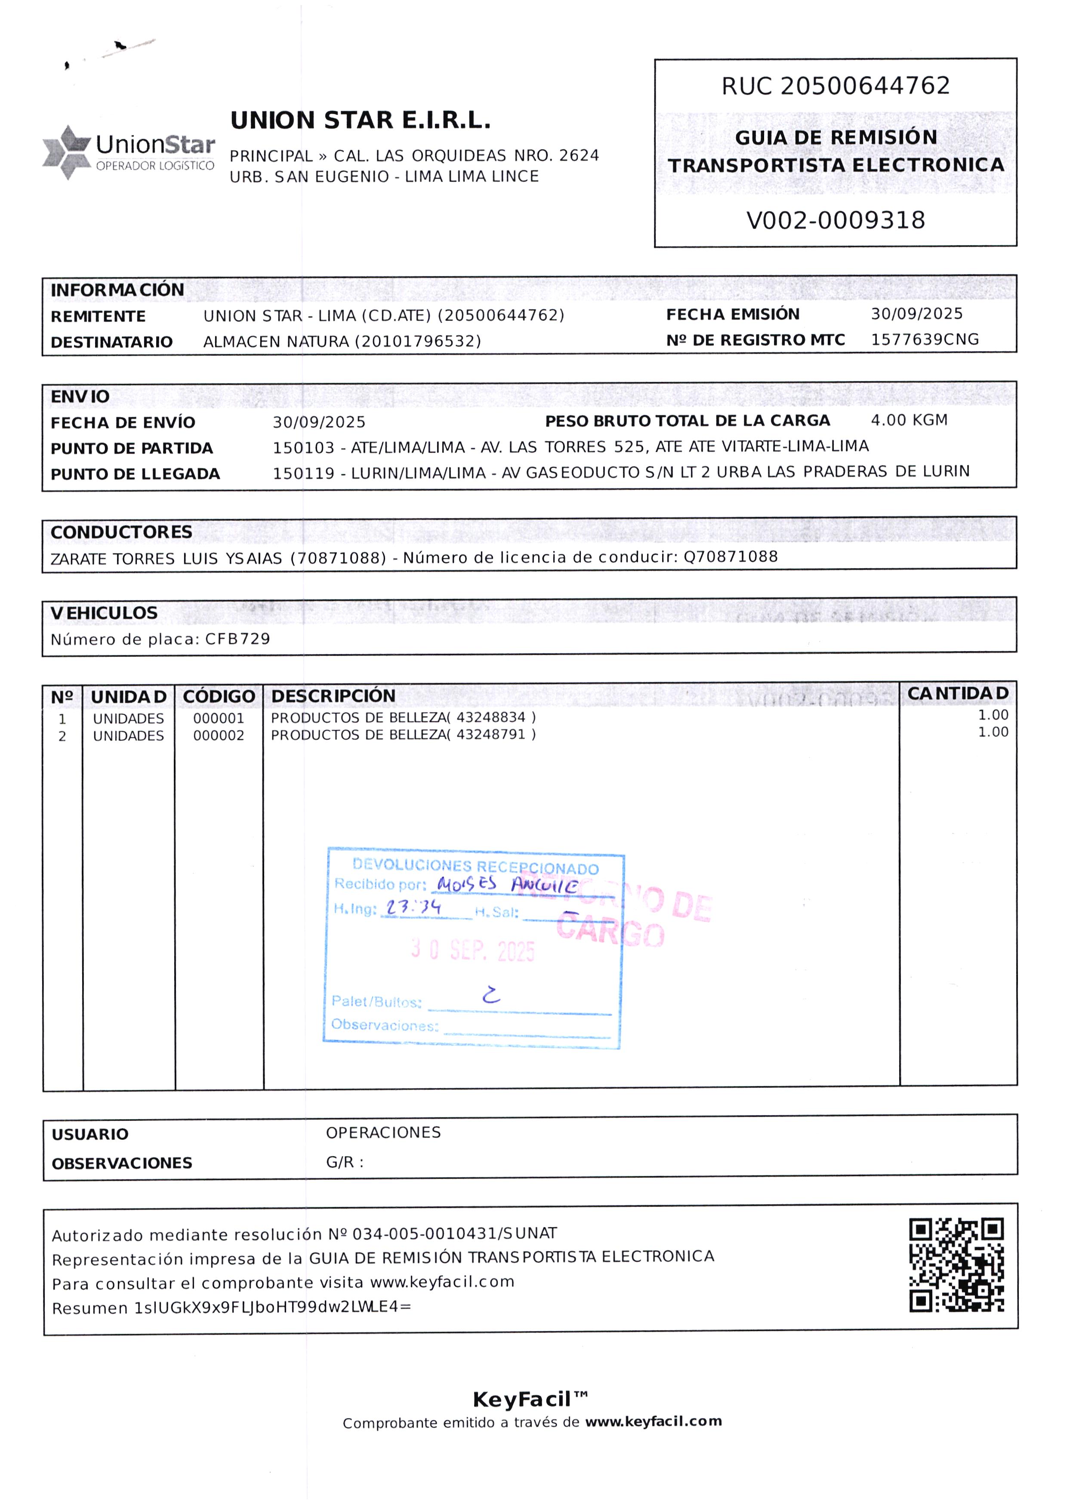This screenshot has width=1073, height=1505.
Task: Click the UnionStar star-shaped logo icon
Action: pyautogui.click(x=67, y=152)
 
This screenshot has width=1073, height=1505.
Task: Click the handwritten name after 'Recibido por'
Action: pyautogui.click(x=507, y=884)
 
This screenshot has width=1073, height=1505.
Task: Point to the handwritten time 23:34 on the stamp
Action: pyautogui.click(x=413, y=908)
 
